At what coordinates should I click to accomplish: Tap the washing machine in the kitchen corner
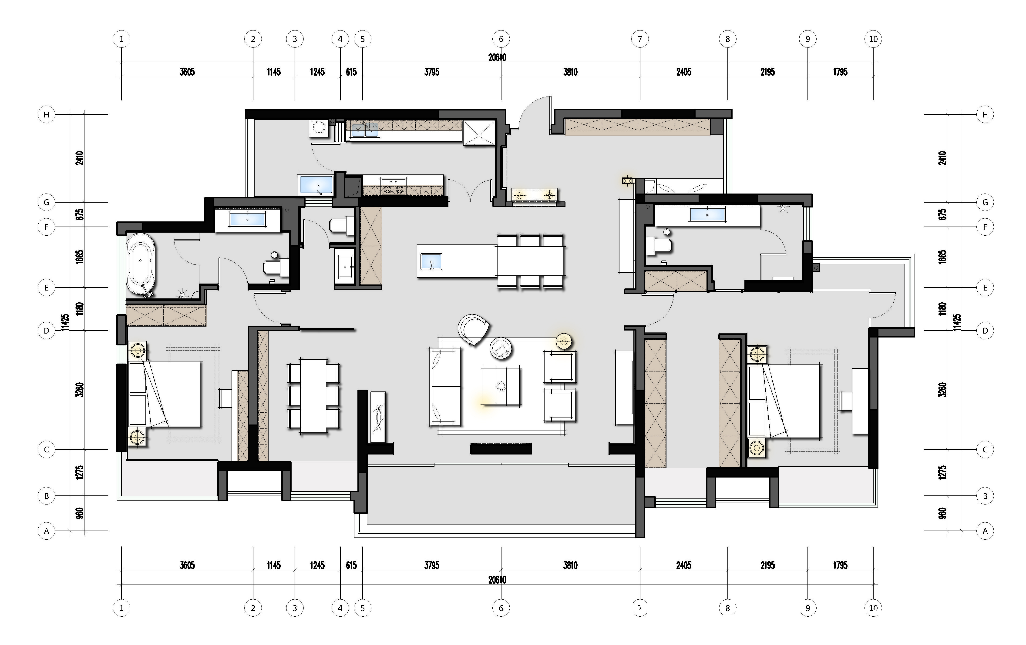(319, 128)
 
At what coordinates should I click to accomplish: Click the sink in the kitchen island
(431, 262)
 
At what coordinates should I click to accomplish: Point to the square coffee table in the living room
(501, 386)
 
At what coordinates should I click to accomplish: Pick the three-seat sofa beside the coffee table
(444, 386)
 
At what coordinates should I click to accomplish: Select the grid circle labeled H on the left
(47, 114)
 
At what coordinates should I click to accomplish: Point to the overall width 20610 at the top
(497, 57)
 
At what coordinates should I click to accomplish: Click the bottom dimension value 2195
(767, 565)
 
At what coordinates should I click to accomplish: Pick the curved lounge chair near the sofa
(473, 329)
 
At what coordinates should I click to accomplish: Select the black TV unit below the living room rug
(501, 448)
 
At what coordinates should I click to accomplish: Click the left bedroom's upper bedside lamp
(138, 351)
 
